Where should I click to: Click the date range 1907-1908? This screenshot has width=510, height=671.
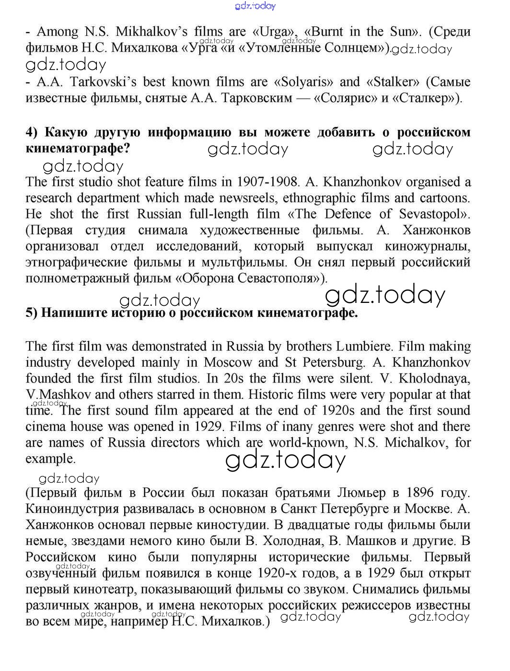click(x=267, y=182)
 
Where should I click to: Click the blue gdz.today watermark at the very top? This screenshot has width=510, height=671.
click(x=255, y=6)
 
